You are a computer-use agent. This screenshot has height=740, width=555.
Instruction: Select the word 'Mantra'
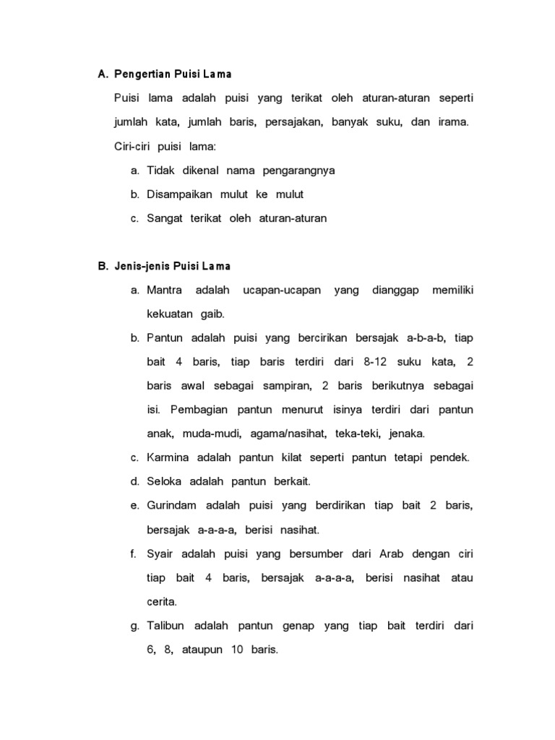(x=164, y=290)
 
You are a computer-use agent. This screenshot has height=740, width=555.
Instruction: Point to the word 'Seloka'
(x=164, y=481)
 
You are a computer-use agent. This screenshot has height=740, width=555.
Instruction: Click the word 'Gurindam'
(x=171, y=505)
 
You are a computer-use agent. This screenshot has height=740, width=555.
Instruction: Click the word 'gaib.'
(x=210, y=314)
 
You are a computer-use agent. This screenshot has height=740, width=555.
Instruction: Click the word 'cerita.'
(x=162, y=601)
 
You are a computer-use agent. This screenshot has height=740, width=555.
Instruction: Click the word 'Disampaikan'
(x=179, y=194)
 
